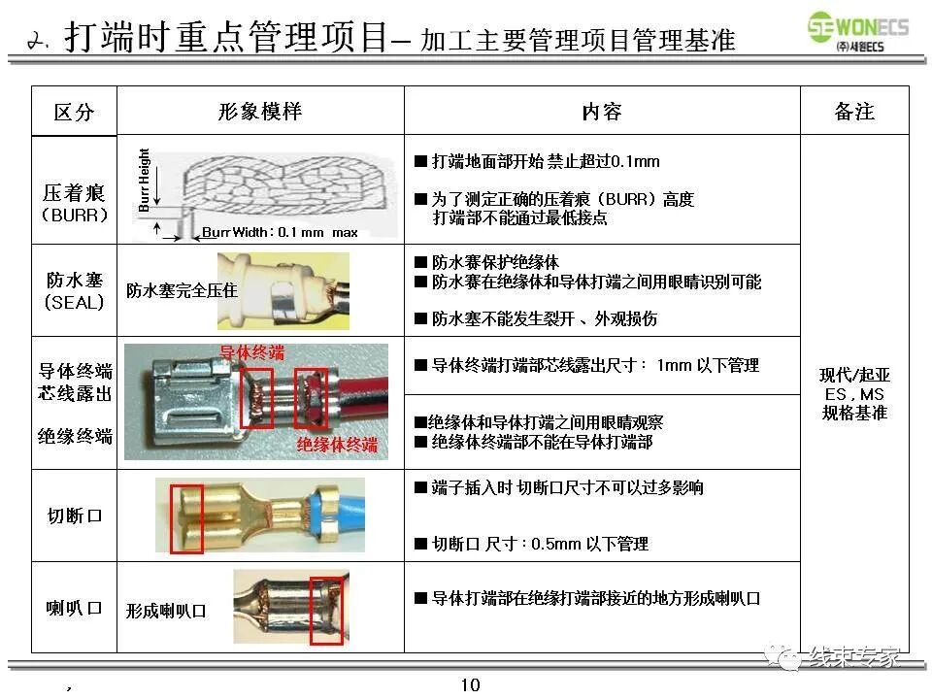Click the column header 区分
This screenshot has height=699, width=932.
(74, 112)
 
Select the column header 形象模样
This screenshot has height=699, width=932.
(260, 111)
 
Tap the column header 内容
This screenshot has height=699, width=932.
(602, 112)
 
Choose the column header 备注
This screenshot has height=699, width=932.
(854, 112)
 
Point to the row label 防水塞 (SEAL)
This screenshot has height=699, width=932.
(75, 290)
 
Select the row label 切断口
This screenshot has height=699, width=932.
(75, 516)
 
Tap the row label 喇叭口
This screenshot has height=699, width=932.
(75, 608)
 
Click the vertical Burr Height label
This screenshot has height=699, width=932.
(145, 180)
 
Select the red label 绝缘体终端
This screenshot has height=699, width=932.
(337, 446)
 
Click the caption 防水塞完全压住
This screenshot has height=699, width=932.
(182, 290)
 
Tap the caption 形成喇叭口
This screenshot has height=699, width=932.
(166, 611)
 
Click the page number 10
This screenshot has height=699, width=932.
(470, 685)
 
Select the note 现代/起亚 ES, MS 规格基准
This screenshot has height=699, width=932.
(854, 393)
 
